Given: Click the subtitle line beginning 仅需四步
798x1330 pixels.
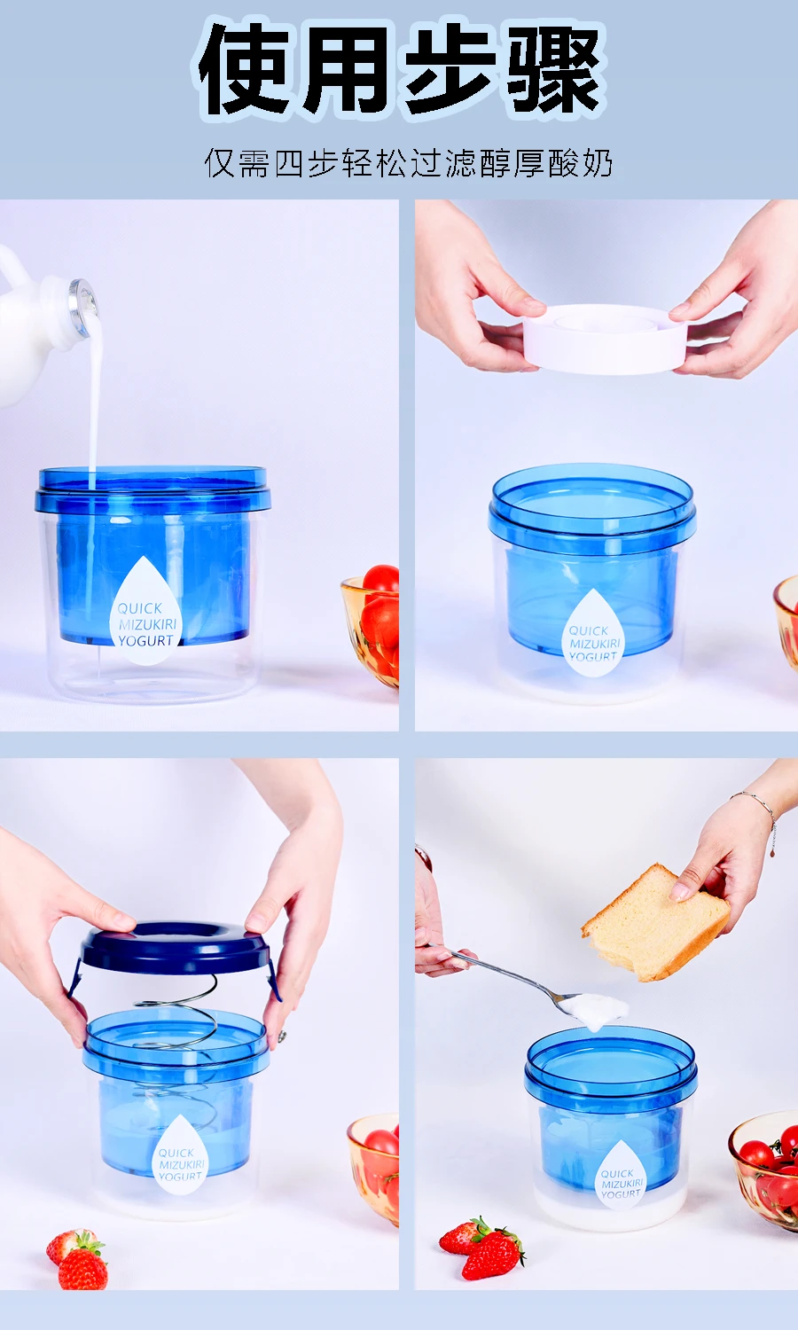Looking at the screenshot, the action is pyautogui.click(x=408, y=162).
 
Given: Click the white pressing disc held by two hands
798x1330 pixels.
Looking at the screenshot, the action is pyautogui.click(x=605, y=339).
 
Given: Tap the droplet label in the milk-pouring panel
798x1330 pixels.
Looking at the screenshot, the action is pyautogui.click(x=146, y=612).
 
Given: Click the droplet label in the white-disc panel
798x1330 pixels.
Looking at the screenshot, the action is pyautogui.click(x=593, y=634).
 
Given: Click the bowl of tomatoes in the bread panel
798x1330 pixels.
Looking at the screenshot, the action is pyautogui.click(x=763, y=1170).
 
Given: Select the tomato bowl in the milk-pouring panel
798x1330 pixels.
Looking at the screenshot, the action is pyautogui.click(x=371, y=626).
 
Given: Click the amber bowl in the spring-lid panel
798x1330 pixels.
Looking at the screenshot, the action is pyautogui.click(x=373, y=1170).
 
